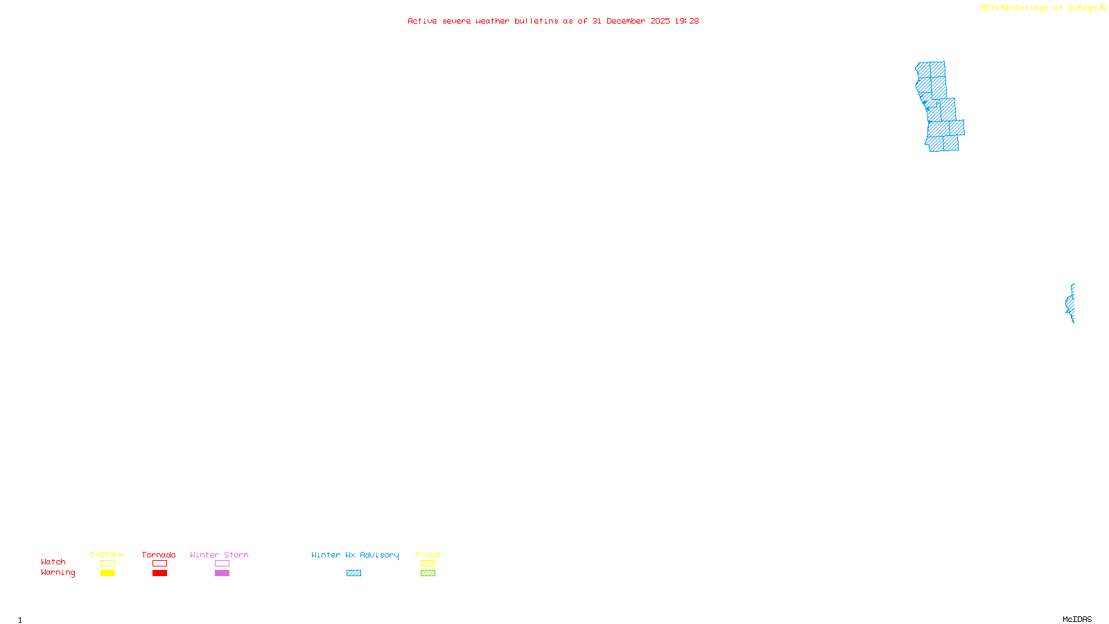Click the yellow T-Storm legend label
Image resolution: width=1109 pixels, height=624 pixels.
pyautogui.click(x=107, y=555)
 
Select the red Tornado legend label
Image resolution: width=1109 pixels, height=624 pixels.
pyautogui.click(x=159, y=555)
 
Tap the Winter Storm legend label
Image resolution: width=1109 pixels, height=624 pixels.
pyautogui.click(x=219, y=555)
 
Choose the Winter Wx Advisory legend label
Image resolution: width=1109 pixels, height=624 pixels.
pyautogui.click(x=355, y=555)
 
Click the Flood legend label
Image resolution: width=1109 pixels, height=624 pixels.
pyautogui.click(x=428, y=555)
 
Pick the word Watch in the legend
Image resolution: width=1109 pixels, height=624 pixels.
pyautogui.click(x=53, y=562)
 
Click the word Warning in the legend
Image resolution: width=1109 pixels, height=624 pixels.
pyautogui.click(x=58, y=573)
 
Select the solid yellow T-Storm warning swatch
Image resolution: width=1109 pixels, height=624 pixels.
pyautogui.click(x=107, y=573)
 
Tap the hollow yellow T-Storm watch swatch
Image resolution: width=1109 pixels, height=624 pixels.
pyautogui.click(x=107, y=564)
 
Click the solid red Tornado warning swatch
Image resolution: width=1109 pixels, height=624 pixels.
pyautogui.click(x=159, y=573)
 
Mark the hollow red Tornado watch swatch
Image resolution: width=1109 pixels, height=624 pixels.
pyautogui.click(x=159, y=564)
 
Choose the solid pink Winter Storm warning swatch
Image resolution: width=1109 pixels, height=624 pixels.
pyautogui.click(x=222, y=573)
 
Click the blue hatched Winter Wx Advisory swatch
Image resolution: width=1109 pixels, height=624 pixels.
pyautogui.click(x=353, y=573)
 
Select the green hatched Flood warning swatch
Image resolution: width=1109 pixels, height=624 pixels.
pyautogui.click(x=428, y=573)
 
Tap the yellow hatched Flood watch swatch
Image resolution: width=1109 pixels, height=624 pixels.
pyautogui.click(x=428, y=564)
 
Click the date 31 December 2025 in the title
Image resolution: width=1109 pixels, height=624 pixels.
pyautogui.click(x=631, y=21)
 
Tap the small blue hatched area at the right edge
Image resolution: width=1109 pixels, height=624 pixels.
pyautogui.click(x=1070, y=304)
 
